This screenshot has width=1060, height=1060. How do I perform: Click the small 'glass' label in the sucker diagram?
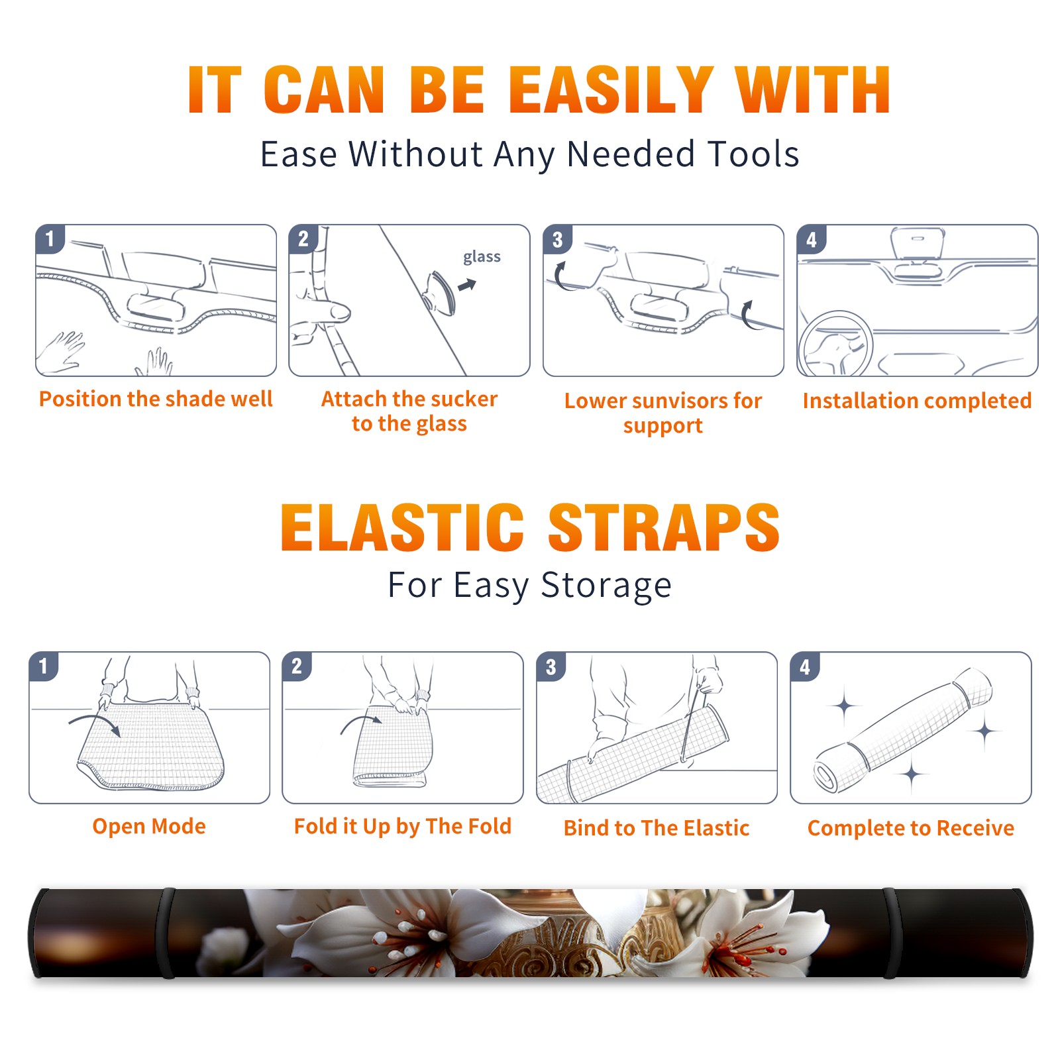pos(482,257)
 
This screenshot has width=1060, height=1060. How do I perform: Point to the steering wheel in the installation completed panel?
pos(835,344)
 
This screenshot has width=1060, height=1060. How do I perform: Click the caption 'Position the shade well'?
pos(156,399)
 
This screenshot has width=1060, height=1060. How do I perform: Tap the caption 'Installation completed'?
pos(917,401)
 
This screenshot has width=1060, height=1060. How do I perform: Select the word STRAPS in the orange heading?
pos(664,527)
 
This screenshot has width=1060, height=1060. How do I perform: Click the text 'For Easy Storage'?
pos(529,585)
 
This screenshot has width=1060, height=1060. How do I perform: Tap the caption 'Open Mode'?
pos(149,826)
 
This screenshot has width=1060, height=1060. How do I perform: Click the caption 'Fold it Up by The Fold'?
pos(403,826)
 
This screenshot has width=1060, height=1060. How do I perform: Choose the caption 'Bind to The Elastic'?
pos(657,828)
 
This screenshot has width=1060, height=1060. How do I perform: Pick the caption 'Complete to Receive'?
pos(911,828)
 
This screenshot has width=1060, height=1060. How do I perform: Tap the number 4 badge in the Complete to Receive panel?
pos(805,666)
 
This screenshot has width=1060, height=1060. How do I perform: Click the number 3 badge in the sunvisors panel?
pos(557,240)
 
